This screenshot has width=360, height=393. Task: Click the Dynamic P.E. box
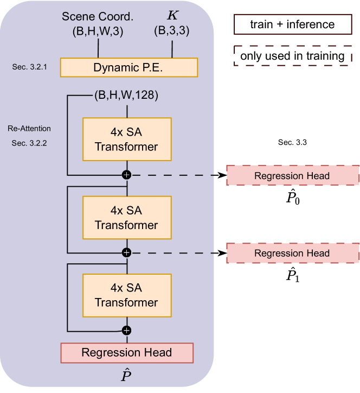pos(128,67)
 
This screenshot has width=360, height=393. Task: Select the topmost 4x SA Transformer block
pos(126,139)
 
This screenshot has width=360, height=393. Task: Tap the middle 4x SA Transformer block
pos(126,218)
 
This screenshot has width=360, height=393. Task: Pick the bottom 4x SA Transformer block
pos(126,295)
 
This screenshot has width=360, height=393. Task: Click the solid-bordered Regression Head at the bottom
pos(126,353)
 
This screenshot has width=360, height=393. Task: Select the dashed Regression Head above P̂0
pos(292,175)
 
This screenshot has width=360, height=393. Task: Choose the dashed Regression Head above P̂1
pos(292,253)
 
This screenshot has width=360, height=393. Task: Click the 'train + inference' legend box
pos(292,24)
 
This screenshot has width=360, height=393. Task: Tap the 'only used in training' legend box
pos(292,55)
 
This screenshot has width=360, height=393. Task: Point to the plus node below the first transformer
pos(126,175)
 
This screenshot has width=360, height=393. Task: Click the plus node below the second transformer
pos(126,252)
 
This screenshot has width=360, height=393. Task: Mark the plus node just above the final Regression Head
pos(126,330)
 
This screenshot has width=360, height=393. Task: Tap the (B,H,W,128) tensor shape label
pos(126,97)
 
